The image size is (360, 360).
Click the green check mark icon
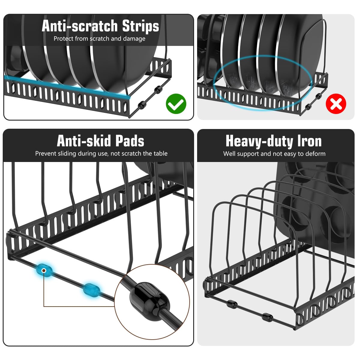[176, 104]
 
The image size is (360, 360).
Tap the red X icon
[336, 104]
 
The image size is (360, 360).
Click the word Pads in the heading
[130, 141]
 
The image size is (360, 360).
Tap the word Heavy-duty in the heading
[259, 141]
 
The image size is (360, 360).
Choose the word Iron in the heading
[309, 141]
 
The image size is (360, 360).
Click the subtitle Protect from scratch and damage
[99, 39]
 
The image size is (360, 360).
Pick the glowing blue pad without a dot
[91, 290]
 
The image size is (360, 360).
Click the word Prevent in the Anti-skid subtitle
[45, 154]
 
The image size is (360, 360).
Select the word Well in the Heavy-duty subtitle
[229, 154]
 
